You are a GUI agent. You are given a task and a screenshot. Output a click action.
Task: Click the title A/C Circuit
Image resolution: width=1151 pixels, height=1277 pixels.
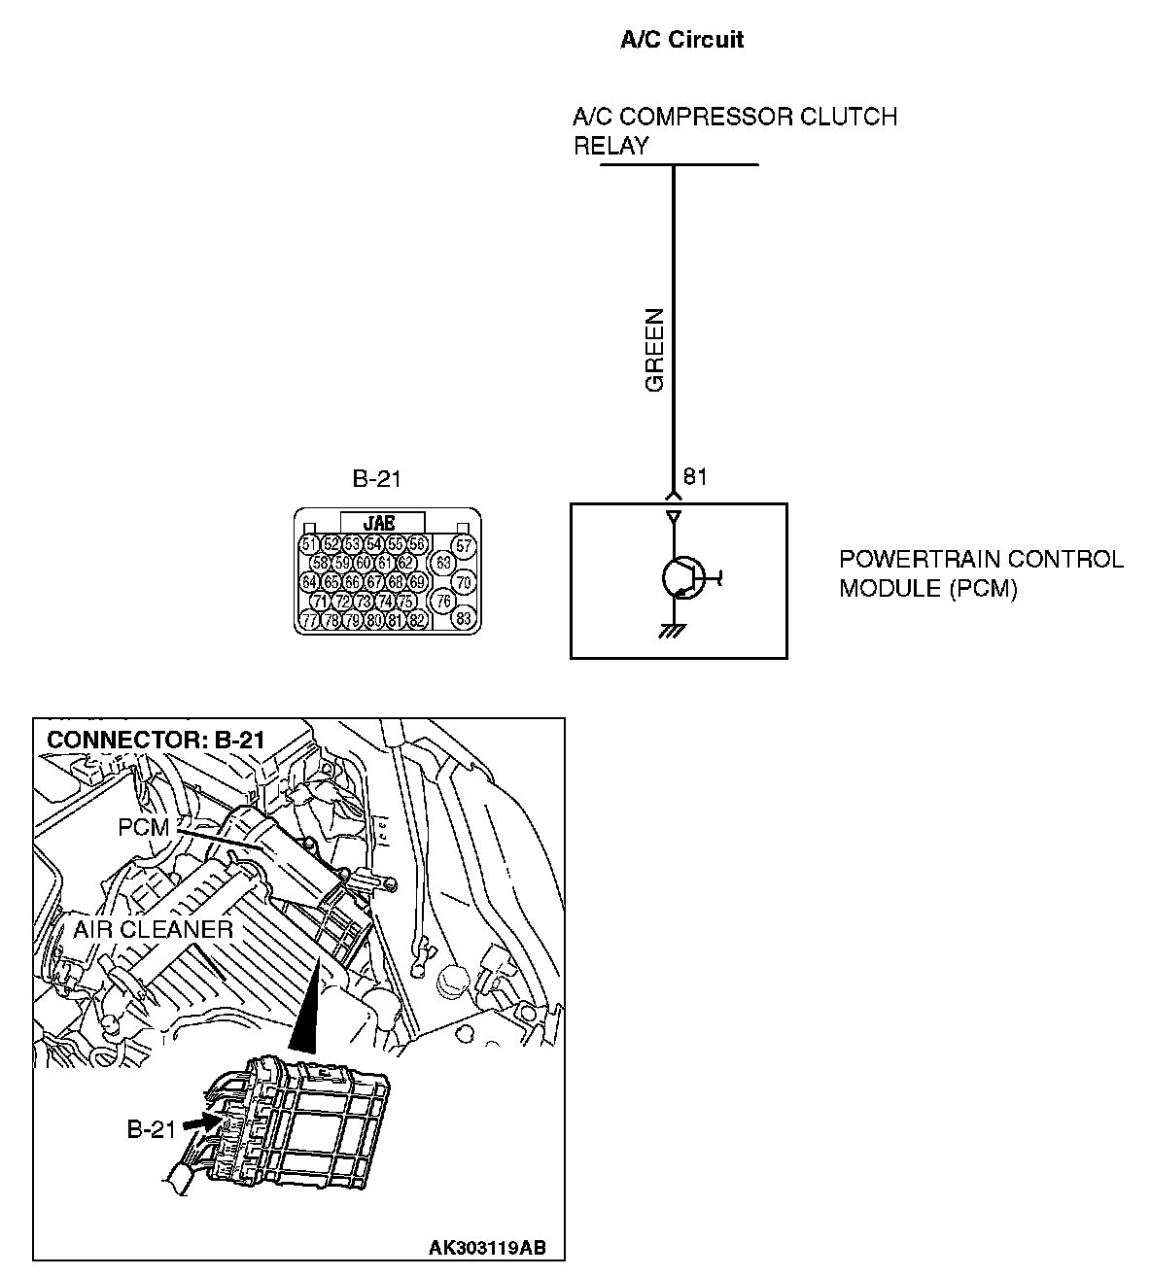click(681, 40)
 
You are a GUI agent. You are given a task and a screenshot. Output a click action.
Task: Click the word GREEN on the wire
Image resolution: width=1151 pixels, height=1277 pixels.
click(655, 350)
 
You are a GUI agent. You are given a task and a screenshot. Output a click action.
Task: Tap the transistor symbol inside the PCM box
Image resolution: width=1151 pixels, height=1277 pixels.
click(681, 578)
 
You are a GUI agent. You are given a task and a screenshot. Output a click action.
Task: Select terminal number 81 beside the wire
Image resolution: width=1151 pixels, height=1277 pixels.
click(695, 476)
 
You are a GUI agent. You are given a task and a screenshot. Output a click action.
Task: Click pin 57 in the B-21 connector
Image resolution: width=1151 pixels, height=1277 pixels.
click(464, 546)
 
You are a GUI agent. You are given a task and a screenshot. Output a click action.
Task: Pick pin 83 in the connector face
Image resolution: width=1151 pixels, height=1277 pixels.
click(464, 618)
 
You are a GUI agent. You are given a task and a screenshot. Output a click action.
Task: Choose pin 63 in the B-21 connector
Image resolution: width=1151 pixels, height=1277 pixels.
click(443, 563)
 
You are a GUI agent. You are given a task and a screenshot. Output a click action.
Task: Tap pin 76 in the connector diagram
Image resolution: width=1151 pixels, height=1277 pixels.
click(443, 601)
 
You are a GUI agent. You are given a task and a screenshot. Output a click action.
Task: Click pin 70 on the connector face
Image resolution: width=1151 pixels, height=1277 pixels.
click(464, 582)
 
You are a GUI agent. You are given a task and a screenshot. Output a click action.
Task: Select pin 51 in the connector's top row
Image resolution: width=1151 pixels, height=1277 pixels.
click(310, 544)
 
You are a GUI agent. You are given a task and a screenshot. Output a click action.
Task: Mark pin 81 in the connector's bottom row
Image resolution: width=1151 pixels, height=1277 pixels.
click(396, 620)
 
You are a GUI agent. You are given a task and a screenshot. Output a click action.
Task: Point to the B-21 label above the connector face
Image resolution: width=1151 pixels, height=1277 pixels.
click(376, 478)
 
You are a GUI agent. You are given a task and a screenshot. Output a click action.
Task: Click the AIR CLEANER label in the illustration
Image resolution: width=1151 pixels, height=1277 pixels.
click(153, 929)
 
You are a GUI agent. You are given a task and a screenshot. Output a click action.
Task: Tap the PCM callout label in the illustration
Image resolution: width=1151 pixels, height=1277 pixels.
click(143, 828)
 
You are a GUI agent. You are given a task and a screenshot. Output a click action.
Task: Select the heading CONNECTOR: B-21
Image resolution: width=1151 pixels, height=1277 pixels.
click(156, 739)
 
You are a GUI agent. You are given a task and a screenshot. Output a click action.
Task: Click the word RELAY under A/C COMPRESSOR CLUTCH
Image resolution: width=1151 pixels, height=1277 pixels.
click(610, 146)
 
